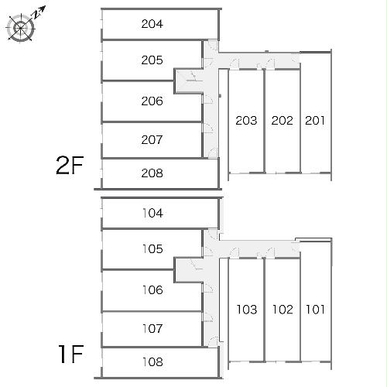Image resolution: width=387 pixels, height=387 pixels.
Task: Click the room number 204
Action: coord(152,24)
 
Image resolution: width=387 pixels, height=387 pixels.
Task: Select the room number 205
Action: coord(152,60)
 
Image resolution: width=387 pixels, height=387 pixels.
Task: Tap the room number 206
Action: coord(152,101)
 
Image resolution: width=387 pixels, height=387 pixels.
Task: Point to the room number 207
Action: coord(152,140)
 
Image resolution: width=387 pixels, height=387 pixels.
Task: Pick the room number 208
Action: coord(152,173)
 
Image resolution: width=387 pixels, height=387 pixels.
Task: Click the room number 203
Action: coord(246,121)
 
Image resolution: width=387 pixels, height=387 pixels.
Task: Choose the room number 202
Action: coord(283,121)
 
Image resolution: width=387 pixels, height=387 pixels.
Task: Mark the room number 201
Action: coord(315,121)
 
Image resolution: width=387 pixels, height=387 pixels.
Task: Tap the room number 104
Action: coord(152,213)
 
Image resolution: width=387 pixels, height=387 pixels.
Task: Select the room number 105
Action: coord(152,249)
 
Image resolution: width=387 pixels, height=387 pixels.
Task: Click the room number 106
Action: coord(152,290)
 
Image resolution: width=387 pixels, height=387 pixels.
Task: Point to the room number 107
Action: coord(152,329)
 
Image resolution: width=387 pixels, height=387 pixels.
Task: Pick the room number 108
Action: coord(152,362)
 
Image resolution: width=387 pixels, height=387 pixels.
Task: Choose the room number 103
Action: coord(247,310)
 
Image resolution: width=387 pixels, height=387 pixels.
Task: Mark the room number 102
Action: coord(283,310)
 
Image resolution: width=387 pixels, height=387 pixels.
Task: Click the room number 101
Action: coord(315,310)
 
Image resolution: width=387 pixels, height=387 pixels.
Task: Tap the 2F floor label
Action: coord(70,166)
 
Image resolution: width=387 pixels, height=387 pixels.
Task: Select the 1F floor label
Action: coord(71,354)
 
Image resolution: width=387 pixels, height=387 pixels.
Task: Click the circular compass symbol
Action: coord(21,28)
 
